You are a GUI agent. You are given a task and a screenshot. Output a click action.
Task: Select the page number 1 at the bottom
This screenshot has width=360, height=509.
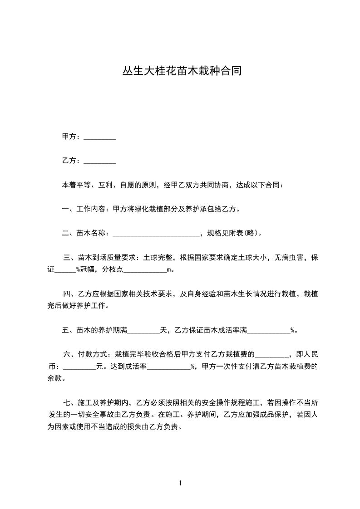click(180, 483)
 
